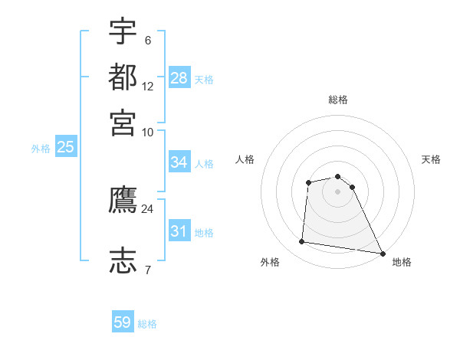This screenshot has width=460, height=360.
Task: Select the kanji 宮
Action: (x=123, y=123)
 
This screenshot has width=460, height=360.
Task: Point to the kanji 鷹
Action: (x=123, y=201)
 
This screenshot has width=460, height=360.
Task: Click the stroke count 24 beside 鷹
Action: (x=147, y=208)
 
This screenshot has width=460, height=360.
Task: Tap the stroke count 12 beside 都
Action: (x=148, y=87)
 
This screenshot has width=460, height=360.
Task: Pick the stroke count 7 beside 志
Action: (x=147, y=270)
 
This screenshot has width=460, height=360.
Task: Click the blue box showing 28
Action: (x=179, y=77)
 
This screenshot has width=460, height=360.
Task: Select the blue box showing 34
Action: (x=179, y=162)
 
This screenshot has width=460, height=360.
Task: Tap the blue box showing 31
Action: (x=179, y=231)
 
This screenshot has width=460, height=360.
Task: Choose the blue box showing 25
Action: (x=65, y=147)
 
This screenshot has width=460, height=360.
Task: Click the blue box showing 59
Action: (x=123, y=322)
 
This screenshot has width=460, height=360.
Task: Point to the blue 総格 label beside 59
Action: (x=147, y=324)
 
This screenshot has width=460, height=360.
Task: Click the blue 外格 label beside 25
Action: (x=40, y=149)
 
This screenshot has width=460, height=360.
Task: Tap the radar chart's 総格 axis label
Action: (x=337, y=100)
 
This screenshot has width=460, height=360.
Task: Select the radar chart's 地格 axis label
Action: (x=402, y=262)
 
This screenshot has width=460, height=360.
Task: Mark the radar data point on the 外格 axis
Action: (x=301, y=242)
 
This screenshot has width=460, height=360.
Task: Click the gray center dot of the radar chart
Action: (x=337, y=191)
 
